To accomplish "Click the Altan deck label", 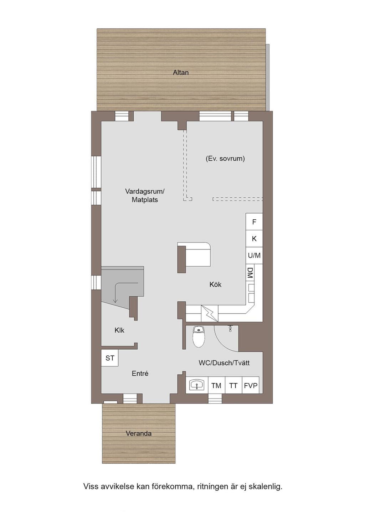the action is point(181,73).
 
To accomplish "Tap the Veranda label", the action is point(139,433).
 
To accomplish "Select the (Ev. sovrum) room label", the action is point(225,158).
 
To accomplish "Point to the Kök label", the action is point(215,285).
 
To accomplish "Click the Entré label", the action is point(140,374).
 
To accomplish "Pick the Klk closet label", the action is point(119,330).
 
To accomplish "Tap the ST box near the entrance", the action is point(110,358).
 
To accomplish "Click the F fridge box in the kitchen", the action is point(254,221).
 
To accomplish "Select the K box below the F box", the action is point(254,239).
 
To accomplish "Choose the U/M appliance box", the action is point(254,255).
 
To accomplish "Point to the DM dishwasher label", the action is point(250,273).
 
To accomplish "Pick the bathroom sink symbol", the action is point(197,385).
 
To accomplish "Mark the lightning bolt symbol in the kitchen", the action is point(210,313).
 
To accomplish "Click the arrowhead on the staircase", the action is point(115,301).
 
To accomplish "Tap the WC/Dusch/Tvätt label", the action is point(224,363).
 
